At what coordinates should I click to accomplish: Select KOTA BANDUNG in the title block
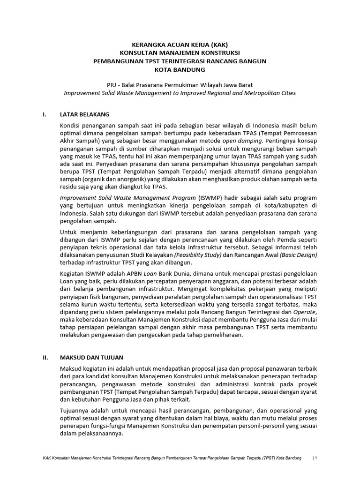[x=180, y=70]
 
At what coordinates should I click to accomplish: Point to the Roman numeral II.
[x=45, y=357]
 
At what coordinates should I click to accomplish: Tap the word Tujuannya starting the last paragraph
[x=75, y=408]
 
